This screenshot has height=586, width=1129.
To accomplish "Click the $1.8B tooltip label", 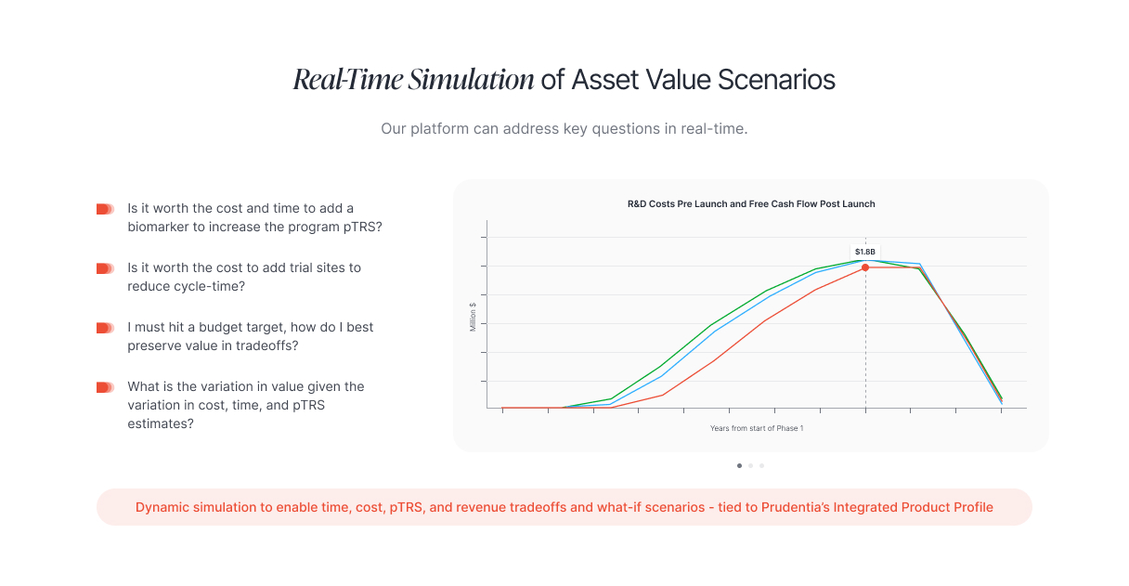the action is coord(865,252).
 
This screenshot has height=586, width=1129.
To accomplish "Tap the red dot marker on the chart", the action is coord(865,267).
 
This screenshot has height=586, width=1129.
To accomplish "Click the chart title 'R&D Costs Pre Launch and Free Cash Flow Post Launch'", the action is coord(751,203).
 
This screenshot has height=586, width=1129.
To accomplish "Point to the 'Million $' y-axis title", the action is coord(473,317).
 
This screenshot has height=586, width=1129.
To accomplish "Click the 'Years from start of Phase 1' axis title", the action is coord(757,428).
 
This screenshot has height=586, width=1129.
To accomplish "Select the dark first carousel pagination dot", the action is coord(739,465).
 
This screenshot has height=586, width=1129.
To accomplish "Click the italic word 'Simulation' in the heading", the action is coord(471,80).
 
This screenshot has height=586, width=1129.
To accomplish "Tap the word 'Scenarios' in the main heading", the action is coord(776,80).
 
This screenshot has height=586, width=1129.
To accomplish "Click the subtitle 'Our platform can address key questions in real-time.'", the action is coord(564,128).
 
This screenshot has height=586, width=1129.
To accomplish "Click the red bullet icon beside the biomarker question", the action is coord(105,209).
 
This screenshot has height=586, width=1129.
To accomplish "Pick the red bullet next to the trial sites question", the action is coord(105,268).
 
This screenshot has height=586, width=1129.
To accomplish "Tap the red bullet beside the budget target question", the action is coord(105,328).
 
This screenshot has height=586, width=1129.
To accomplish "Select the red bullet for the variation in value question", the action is coord(105,387).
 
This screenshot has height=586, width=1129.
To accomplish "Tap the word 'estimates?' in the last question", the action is coord(161,423).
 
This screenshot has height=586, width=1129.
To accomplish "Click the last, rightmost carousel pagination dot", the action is coord(761,465).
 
